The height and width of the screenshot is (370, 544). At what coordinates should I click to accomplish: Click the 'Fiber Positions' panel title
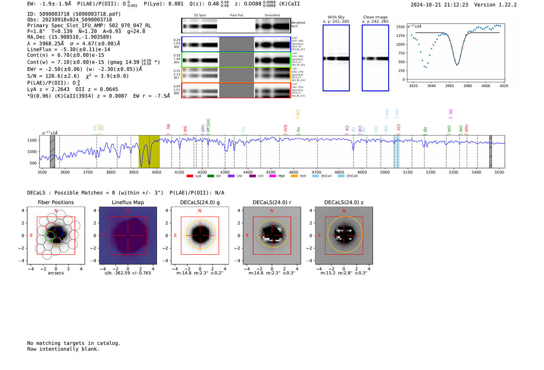point(56,202)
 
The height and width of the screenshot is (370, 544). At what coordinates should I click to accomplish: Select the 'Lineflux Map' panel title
point(128,202)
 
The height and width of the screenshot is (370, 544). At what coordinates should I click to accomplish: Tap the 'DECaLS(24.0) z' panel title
point(344,202)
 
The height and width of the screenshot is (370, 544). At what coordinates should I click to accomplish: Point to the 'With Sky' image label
point(336,17)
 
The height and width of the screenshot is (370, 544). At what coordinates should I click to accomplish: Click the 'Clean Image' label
point(375,17)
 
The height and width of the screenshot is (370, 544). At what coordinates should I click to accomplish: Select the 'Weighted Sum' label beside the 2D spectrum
point(298,24)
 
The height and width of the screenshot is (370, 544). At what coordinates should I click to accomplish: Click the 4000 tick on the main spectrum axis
point(156,172)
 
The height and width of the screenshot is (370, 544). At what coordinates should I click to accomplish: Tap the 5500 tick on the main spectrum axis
point(499,172)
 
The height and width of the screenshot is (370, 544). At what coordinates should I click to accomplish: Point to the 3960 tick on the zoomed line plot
point(450,86)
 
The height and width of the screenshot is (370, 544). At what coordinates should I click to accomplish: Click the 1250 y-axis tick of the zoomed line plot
point(400,35)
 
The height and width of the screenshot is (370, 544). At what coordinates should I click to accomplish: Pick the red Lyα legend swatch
point(190,176)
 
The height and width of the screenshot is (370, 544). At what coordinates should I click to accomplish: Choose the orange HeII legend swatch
point(294,176)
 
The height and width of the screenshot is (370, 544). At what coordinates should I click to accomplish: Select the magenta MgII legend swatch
point(272,176)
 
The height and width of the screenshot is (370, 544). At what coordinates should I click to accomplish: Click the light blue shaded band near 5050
point(396,151)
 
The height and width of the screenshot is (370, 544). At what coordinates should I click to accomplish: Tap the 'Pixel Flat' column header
point(236,15)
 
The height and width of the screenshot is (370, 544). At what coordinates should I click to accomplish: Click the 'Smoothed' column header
point(272,15)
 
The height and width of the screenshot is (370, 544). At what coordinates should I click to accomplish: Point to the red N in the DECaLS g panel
point(200,211)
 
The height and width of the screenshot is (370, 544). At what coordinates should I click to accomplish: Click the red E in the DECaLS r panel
point(247,235)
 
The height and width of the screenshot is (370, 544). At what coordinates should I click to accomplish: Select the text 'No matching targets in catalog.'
point(74,343)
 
